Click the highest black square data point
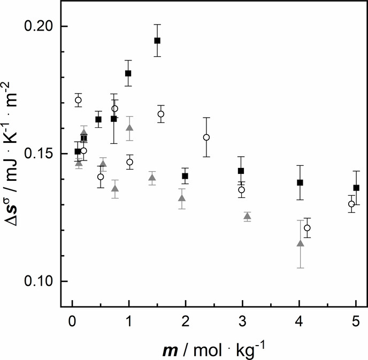click(157, 41)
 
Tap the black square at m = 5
click(356, 188)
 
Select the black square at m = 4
click(300, 182)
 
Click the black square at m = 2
click(185, 176)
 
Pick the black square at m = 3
click(241, 171)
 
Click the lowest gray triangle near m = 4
click(300, 244)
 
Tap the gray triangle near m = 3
click(247, 216)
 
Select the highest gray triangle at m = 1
click(129, 128)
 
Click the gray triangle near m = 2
click(182, 198)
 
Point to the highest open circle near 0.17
click(79, 100)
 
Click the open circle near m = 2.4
click(206, 137)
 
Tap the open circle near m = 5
click(351, 204)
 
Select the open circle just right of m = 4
click(307, 228)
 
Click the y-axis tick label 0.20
click(41, 27)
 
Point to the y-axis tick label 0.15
click(41, 154)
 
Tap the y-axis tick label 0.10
click(41, 281)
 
